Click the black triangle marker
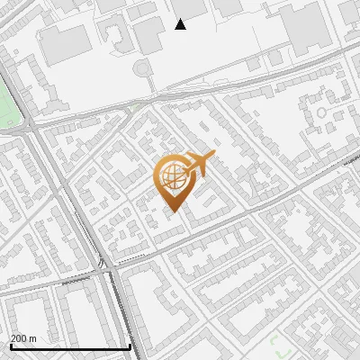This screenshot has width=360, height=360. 180,24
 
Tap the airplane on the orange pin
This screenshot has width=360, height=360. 193,166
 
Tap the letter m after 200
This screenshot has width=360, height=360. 33,337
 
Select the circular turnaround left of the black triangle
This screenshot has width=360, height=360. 142,68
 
